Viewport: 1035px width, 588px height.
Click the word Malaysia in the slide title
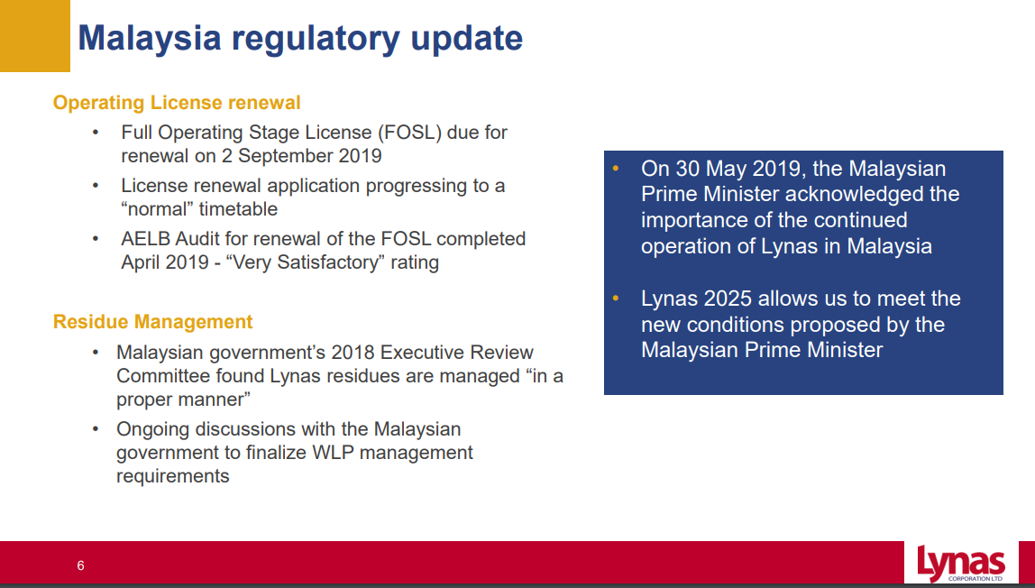[150, 38]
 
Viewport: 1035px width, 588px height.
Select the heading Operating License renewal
[177, 103]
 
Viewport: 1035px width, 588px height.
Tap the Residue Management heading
[152, 322]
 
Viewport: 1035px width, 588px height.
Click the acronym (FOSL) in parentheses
[409, 133]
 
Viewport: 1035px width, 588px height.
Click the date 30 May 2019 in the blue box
[738, 169]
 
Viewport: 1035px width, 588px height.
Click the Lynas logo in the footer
[961, 563]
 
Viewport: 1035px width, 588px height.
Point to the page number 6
[80, 565]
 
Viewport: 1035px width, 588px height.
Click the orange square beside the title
[35, 36]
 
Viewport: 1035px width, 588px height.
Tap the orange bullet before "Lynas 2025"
[616, 299]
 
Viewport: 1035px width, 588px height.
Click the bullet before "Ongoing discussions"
[96, 429]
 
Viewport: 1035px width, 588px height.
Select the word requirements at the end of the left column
[173, 476]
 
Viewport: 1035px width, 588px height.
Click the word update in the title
[467, 39]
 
